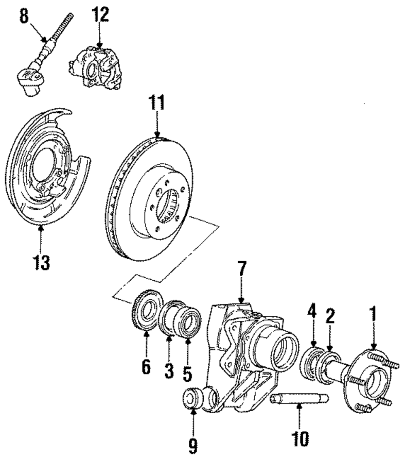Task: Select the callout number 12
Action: (x=100, y=15)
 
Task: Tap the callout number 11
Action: (x=157, y=102)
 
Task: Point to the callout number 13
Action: (x=41, y=262)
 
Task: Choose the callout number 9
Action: (x=192, y=447)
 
